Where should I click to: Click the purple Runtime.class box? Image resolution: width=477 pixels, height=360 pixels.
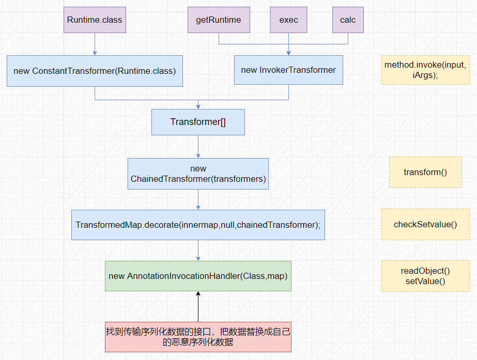pos(95,20)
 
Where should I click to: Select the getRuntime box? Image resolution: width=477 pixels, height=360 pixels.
pos(219,20)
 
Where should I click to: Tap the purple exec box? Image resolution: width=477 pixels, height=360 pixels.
pos(288,20)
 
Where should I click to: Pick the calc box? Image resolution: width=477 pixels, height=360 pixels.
pos(348,20)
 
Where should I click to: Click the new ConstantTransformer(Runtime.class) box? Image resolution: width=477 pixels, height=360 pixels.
pos(95,71)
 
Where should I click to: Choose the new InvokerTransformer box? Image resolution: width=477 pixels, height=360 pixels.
pos(288,70)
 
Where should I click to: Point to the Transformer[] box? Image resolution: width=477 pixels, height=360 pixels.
pos(198,122)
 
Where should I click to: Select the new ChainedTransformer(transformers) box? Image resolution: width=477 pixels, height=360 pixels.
pos(198,174)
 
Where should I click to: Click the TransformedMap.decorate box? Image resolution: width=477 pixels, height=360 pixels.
pos(198,225)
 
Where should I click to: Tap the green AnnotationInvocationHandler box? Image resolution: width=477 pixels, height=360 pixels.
pos(198,276)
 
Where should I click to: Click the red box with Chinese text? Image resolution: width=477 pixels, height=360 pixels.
pos(198,337)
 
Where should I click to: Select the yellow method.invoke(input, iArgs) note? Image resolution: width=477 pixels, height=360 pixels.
pos(425,70)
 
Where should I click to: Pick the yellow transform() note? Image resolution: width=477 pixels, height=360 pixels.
pos(425,172)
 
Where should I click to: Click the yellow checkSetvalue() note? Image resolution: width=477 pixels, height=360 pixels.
pos(425,224)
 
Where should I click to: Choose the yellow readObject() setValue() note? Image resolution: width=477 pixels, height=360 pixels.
pos(425,276)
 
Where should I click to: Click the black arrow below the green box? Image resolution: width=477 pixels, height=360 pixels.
pos(198,306)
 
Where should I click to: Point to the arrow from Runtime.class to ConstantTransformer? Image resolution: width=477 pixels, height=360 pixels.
pos(95,44)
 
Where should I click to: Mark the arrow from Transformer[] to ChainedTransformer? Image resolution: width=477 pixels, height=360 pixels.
pos(198,147)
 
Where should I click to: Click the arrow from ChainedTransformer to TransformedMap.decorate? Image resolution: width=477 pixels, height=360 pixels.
pos(198,199)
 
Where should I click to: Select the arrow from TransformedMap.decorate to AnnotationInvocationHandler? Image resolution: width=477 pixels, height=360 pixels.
pos(198,250)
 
